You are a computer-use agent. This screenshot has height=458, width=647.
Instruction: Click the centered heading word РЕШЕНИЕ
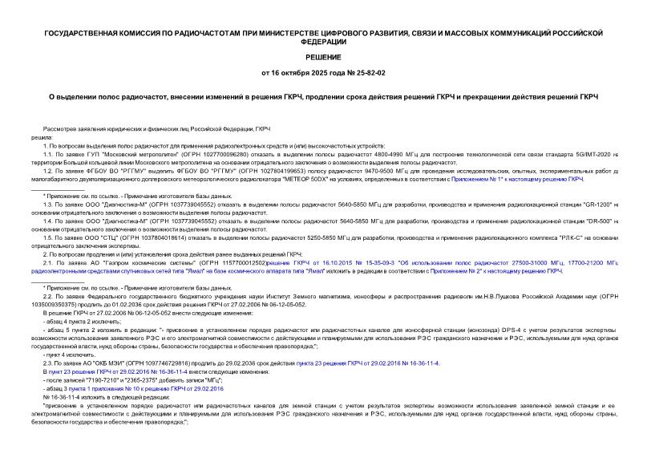pos(323,58)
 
